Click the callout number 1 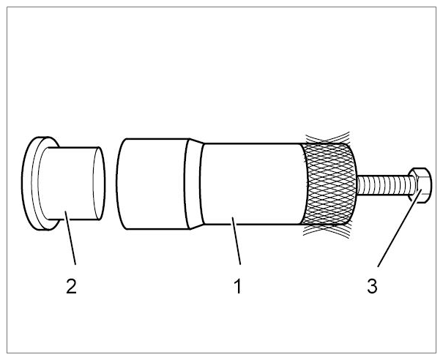[x=238, y=286]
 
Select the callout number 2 [x=71, y=286]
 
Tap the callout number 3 [x=372, y=286]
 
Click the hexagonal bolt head [x=420, y=185]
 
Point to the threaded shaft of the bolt [x=385, y=185]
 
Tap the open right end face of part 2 [x=99, y=183]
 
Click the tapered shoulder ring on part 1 [x=194, y=184]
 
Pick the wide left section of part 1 [x=152, y=184]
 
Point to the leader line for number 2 [x=70, y=238]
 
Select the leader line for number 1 [x=237, y=241]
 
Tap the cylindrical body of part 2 [x=70, y=183]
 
